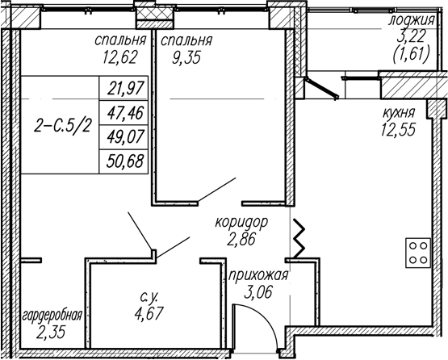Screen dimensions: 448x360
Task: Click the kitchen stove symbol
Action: coord(418,253)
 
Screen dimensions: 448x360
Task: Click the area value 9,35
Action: coord(186,58)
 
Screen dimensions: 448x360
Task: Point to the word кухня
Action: coord(399,113)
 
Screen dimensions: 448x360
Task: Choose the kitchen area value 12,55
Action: coord(397,130)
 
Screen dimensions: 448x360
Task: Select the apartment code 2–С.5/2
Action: coord(62,126)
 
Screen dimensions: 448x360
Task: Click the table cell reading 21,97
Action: coord(125,88)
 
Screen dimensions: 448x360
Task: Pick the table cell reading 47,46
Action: coord(125,113)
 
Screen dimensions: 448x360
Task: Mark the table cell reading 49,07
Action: coord(125,137)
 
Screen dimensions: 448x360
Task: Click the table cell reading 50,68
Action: coord(125,161)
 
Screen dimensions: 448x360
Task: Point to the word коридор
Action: coord(241,222)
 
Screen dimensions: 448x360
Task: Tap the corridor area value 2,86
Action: coord(241,239)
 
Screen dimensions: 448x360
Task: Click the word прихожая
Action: coord(258,276)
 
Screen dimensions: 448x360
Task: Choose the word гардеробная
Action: coord(52,316)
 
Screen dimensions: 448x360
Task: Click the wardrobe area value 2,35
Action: coord(52,333)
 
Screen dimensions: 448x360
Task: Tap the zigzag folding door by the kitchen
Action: coord(298,238)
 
